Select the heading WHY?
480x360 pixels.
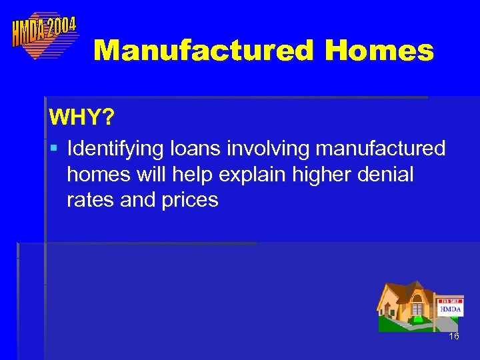coord(81,119)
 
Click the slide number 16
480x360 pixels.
coord(454,337)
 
